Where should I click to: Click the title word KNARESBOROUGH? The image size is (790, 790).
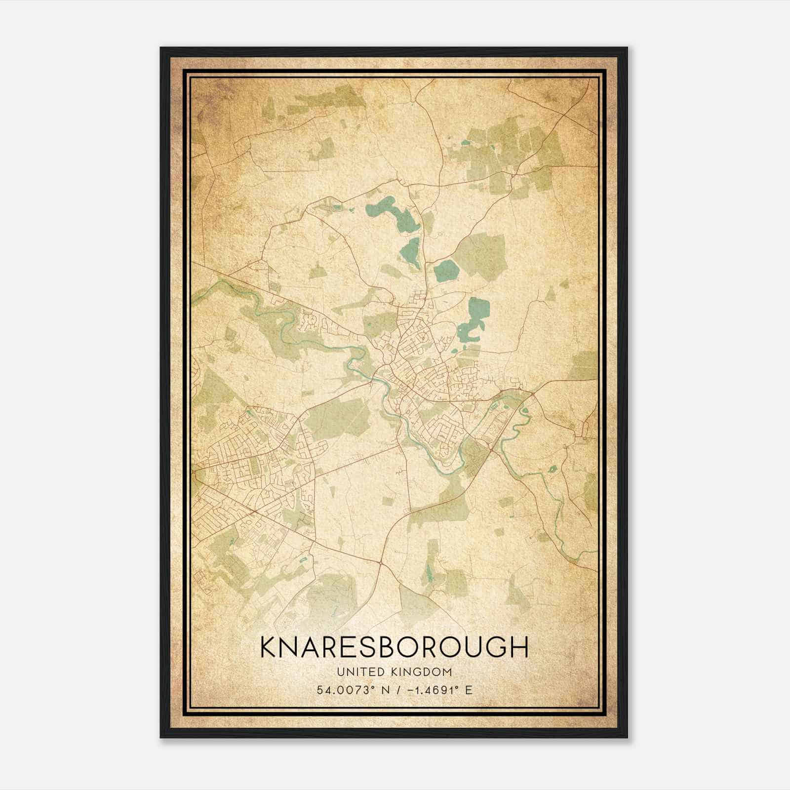coord(394,647)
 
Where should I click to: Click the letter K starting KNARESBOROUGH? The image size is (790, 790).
coord(270,647)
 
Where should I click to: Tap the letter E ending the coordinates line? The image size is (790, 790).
coord(469,690)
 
